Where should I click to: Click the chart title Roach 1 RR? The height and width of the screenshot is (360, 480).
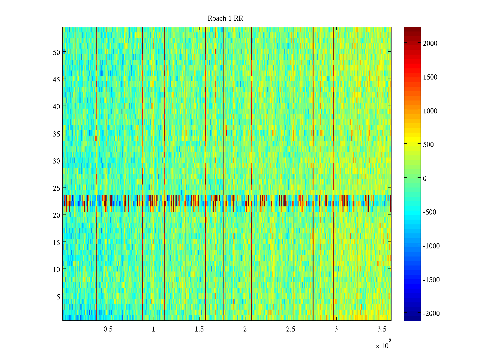coord(225,19)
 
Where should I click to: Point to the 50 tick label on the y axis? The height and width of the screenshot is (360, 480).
coord(56,52)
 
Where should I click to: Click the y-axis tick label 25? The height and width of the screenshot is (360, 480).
coord(56,188)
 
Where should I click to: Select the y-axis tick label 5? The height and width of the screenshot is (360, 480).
coord(58,297)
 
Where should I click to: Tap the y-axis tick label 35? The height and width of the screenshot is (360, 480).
coord(56,134)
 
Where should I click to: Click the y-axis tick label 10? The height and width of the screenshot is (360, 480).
coord(56,270)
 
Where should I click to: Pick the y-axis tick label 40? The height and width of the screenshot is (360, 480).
coord(56,106)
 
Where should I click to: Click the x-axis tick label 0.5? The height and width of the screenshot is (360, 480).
coord(108,329)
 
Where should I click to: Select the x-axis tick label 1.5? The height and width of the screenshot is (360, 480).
coord(199,329)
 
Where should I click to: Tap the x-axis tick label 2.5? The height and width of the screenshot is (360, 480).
coord(290,329)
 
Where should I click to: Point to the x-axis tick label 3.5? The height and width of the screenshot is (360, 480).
coord(382,329)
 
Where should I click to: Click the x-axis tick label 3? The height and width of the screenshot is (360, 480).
coord(336,329)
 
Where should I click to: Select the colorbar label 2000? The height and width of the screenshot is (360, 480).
coord(430,43)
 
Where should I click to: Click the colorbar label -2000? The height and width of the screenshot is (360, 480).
coord(431,313)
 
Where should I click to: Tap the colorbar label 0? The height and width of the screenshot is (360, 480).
coord(424,178)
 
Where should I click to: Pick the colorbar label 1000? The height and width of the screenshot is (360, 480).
coord(430,111)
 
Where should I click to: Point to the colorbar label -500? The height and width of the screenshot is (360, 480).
coord(429,212)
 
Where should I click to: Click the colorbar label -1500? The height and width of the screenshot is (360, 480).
coord(431,280)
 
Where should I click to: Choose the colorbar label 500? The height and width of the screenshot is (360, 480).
coord(428,145)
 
